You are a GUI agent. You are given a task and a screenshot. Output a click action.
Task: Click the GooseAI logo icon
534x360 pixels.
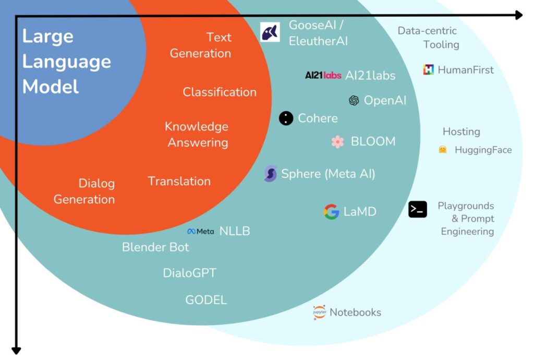click(270, 32)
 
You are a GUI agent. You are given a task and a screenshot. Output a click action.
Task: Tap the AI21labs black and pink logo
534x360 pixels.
click(323, 76)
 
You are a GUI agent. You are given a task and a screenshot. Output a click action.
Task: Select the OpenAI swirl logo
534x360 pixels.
click(354, 100)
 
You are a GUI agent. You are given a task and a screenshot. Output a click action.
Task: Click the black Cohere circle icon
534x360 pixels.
click(286, 118)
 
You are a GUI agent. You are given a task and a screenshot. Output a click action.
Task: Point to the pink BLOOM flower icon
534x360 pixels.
click(338, 141)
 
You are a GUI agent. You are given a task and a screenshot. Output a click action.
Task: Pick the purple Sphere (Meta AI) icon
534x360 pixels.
click(270, 174)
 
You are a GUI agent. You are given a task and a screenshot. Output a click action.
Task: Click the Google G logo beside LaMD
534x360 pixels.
click(332, 212)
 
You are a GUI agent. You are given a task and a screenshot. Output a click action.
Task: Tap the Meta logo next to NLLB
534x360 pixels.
click(200, 231)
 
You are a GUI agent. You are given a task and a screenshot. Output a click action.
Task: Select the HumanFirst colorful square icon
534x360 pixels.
click(429, 70)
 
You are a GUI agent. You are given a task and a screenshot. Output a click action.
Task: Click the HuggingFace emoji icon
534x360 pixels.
click(443, 150)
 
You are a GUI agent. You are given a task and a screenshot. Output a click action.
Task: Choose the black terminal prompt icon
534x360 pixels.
click(418, 209)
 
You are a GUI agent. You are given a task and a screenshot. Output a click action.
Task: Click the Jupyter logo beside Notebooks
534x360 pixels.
click(319, 313)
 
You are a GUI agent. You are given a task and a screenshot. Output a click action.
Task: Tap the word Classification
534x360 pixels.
click(220, 92)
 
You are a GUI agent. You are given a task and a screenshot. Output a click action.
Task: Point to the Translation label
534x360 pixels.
click(179, 181)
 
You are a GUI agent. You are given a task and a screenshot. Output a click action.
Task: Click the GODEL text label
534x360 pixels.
click(206, 300)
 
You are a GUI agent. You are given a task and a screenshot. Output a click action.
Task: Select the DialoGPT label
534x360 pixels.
click(189, 273)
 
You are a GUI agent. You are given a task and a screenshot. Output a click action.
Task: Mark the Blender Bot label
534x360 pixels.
click(155, 247)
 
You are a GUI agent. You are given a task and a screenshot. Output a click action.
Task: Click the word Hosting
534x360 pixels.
click(462, 131)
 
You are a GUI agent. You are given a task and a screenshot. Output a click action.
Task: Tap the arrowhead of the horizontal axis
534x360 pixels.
click(518, 15)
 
